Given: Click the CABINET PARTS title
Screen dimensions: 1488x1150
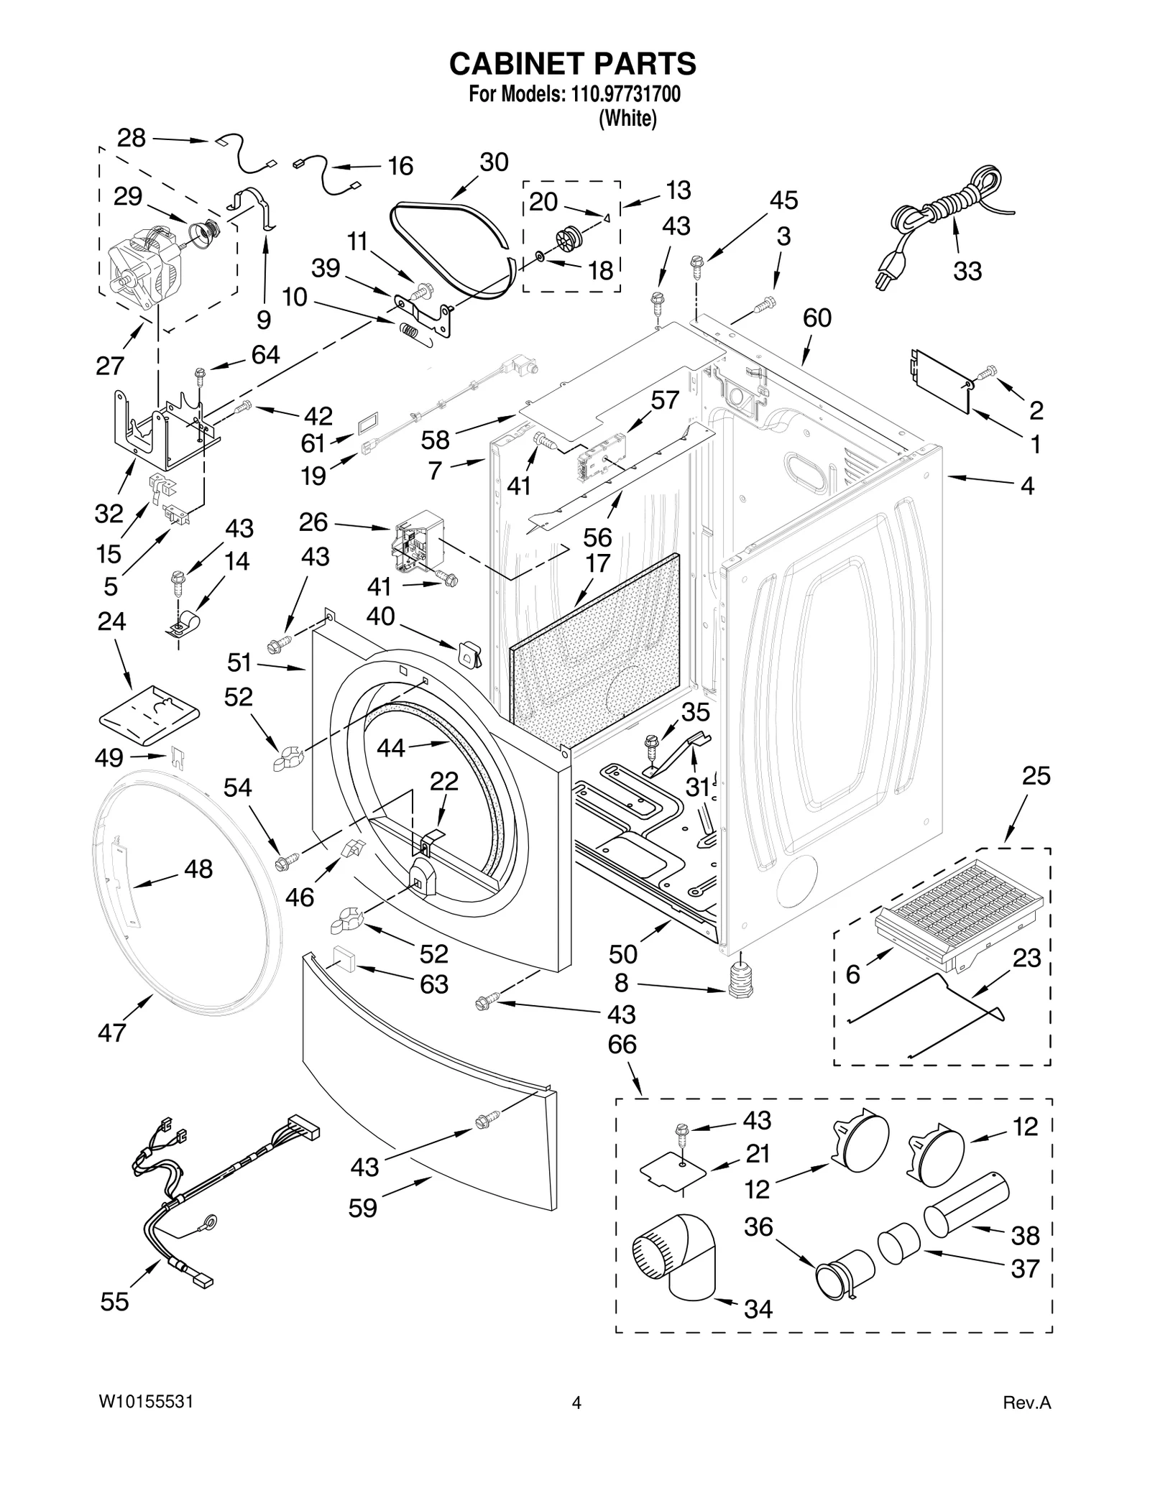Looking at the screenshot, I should tap(573, 64).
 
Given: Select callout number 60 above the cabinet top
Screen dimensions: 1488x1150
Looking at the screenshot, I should tap(817, 318).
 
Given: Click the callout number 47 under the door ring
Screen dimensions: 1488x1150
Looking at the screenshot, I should tap(112, 1032).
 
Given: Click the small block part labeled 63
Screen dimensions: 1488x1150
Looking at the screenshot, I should tap(346, 959).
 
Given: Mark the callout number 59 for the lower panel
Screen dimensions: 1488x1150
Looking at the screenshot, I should tap(362, 1208).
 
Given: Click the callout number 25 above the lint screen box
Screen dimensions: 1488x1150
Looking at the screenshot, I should tap(1036, 776).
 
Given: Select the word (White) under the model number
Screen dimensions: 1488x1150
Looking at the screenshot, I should tap(627, 118).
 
